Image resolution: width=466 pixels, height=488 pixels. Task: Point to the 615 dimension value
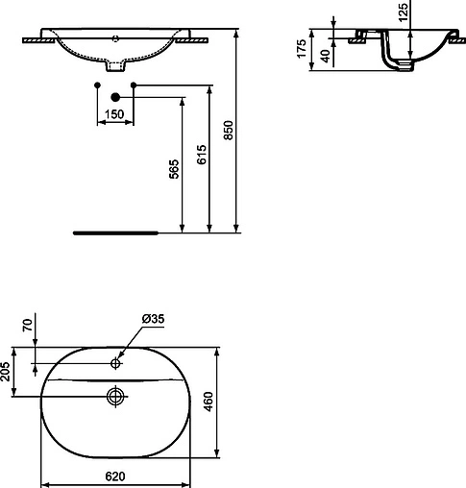200,157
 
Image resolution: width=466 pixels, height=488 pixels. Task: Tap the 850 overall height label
228,130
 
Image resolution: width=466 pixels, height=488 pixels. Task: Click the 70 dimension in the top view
27,324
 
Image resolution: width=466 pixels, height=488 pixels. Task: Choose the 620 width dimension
115,476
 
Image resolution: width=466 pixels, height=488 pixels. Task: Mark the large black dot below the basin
115,96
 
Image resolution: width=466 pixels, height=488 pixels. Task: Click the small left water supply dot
98,86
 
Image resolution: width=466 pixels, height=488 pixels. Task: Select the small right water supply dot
133,86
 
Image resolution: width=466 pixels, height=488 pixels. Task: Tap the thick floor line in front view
115,232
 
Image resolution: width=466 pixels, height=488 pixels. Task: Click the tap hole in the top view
116,363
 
